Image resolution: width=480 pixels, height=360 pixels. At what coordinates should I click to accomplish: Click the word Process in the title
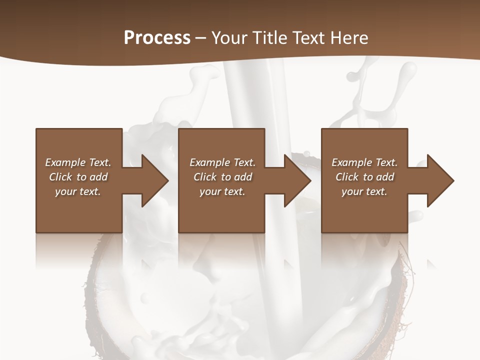click(x=157, y=38)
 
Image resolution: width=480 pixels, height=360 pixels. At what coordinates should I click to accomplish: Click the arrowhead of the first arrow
click(x=154, y=180)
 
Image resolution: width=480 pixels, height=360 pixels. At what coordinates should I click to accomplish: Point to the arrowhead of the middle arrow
click(x=297, y=180)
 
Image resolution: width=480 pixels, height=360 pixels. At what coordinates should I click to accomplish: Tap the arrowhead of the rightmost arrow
click(x=440, y=180)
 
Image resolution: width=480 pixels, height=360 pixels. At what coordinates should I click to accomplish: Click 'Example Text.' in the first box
click(x=78, y=162)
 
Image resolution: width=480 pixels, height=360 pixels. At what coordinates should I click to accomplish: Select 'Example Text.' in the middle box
click(x=222, y=162)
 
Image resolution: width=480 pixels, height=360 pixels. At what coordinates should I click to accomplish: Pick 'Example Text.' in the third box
click(x=364, y=162)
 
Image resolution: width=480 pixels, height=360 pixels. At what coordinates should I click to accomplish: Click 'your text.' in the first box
click(x=78, y=191)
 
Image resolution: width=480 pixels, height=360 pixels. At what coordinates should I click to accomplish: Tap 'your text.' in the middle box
click(x=222, y=191)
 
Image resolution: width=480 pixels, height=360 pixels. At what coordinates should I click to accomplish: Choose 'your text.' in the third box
click(x=364, y=191)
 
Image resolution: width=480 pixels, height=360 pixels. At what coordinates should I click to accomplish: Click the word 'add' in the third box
click(x=385, y=177)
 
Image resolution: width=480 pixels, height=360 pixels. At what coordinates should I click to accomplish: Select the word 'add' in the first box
click(x=98, y=177)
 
